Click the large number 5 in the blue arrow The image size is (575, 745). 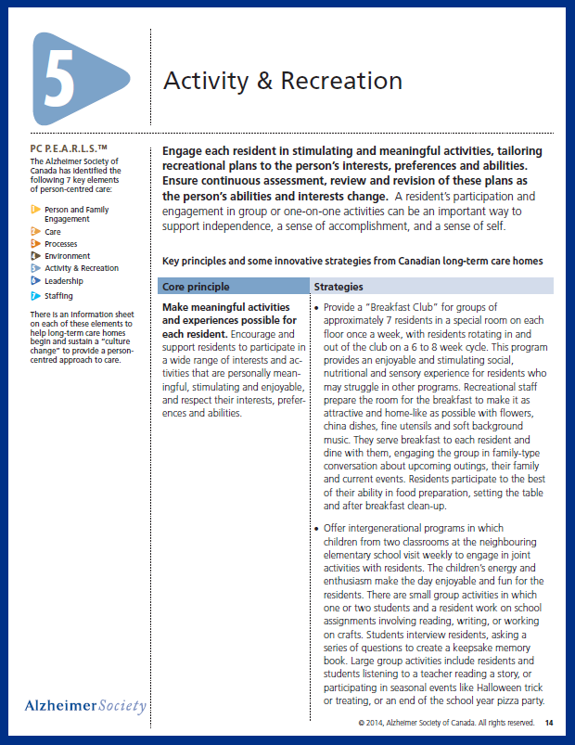[58, 81]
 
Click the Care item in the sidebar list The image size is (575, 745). [54, 232]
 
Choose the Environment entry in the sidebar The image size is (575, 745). [67, 256]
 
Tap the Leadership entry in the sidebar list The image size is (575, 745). [63, 281]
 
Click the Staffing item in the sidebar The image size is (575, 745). [58, 296]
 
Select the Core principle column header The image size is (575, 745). [196, 287]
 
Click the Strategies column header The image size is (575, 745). [339, 287]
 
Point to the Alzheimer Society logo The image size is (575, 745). [85, 706]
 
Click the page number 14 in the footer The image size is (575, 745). [549, 722]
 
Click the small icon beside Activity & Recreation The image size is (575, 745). [35, 268]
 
